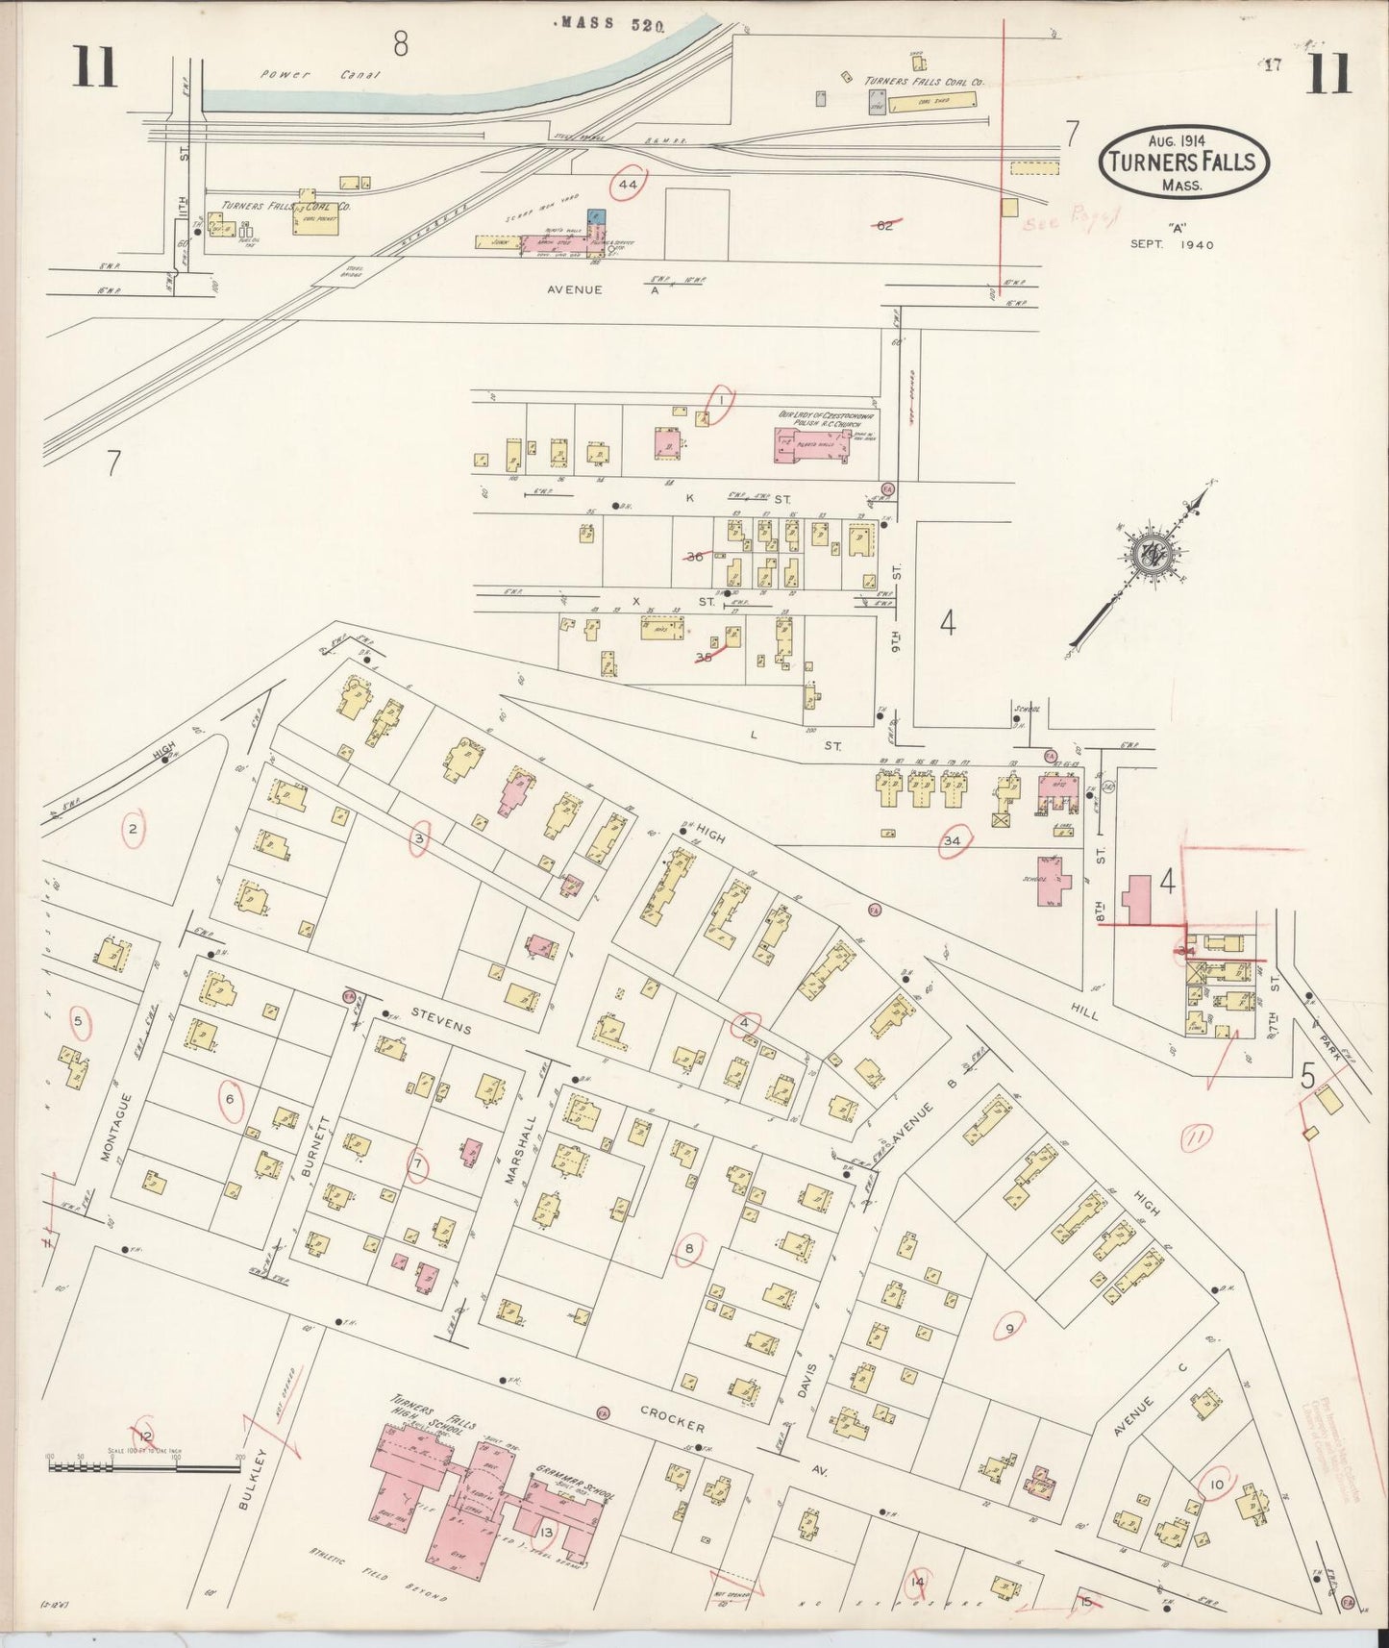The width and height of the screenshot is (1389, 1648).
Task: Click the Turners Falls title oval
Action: [1182, 162]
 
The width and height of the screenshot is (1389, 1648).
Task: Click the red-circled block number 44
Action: [630, 183]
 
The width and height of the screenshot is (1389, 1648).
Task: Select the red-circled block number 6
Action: [230, 1099]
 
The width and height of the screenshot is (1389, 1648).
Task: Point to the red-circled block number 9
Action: [1009, 1330]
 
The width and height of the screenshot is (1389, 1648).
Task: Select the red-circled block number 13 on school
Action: [547, 1531]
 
